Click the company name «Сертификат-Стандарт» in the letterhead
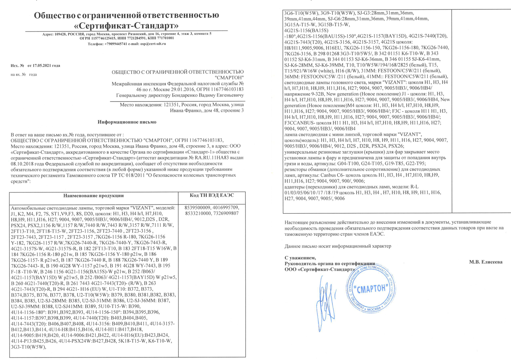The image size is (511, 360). click(x=126, y=26)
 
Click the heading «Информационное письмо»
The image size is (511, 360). click(x=127, y=122)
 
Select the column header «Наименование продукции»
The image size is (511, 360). click(x=94, y=196)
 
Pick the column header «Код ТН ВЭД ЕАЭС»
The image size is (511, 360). click(x=212, y=195)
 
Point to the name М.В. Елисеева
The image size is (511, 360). click(x=485, y=262)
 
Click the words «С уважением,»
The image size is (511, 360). click(x=300, y=258)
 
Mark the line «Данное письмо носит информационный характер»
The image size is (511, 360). click(x=337, y=246)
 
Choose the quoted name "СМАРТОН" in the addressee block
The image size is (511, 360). click(x=229, y=78)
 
